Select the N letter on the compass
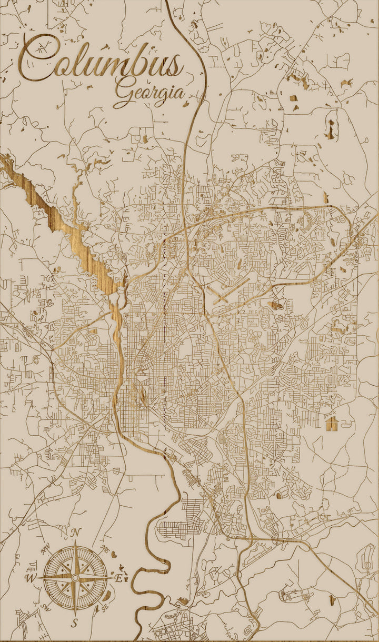75,533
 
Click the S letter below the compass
75,623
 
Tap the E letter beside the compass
119,578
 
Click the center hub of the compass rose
75,578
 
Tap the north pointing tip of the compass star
75,542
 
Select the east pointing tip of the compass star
112,578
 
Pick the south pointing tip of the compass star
75,614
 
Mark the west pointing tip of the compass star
38,578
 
